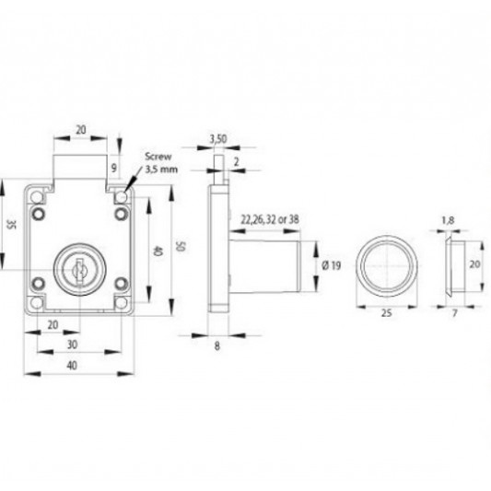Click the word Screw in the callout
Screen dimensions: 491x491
pyautogui.click(x=158, y=157)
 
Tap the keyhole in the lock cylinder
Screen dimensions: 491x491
pyautogui.click(x=79, y=269)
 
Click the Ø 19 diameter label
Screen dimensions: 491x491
pyautogui.click(x=332, y=266)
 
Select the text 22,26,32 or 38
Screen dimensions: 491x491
pyautogui.click(x=270, y=220)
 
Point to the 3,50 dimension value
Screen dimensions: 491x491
pyautogui.click(x=218, y=139)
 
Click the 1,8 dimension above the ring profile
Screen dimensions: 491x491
pyautogui.click(x=448, y=221)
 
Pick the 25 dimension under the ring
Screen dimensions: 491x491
pyautogui.click(x=386, y=313)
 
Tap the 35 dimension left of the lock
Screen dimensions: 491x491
pyautogui.click(x=11, y=224)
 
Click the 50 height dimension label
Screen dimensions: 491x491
pyautogui.click(x=181, y=246)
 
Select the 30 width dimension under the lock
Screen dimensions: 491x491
pyautogui.click(x=73, y=345)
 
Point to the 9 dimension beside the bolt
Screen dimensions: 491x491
pyautogui.click(x=113, y=168)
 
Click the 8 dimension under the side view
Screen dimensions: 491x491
pyautogui.click(x=217, y=346)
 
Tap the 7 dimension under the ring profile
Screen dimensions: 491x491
pyautogui.click(x=455, y=313)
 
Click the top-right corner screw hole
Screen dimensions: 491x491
pyautogui.click(x=122, y=197)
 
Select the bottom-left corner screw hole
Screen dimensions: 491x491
pyautogui.click(x=37, y=303)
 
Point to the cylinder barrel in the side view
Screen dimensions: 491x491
pyautogui.click(x=264, y=266)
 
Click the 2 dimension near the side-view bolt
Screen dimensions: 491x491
pyautogui.click(x=237, y=161)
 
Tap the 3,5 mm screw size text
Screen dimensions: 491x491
pyautogui.click(x=161, y=170)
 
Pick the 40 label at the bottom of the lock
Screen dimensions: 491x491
pyautogui.click(x=72, y=366)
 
